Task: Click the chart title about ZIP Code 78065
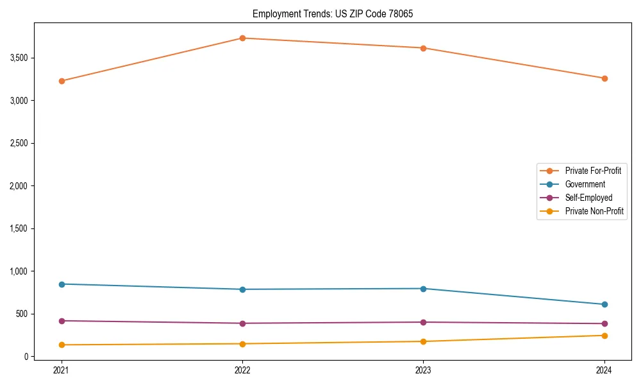(337, 13)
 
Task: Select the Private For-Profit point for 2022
(242, 38)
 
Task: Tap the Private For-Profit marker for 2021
(62, 81)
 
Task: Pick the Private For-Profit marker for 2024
(604, 78)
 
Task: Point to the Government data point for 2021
(62, 284)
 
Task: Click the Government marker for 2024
(604, 304)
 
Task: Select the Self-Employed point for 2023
(423, 322)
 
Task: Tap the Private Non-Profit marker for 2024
(604, 336)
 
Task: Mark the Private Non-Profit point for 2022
(242, 344)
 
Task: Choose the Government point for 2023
(423, 289)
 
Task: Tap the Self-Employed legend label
(588, 198)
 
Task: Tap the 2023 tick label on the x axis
(423, 370)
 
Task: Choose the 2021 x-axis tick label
(62, 370)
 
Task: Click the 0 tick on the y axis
(26, 357)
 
